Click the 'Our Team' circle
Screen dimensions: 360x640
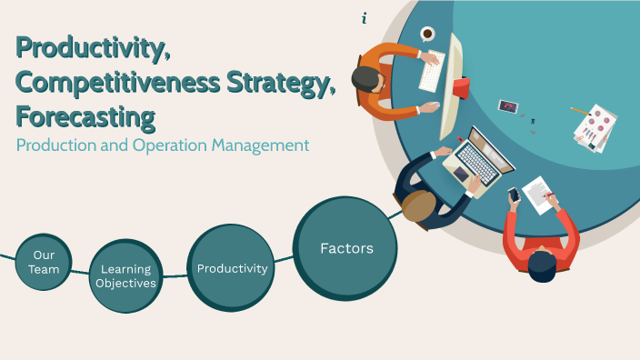43,262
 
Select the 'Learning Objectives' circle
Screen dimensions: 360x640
127,275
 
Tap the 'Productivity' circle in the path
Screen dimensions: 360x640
231,268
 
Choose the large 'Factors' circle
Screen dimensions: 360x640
345,247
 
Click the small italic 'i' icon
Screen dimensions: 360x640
365,18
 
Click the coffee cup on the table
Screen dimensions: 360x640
427,34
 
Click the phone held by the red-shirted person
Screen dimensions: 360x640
514,195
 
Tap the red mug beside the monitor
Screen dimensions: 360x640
461,87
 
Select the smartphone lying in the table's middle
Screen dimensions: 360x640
507,106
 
